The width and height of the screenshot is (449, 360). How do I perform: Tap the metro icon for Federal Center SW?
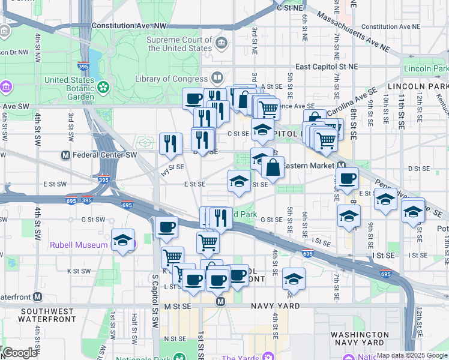[66, 155]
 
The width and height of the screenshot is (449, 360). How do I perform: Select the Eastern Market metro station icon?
[341, 166]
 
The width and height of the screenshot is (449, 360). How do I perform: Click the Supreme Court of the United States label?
[180, 44]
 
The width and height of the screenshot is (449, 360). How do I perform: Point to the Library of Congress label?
[171, 79]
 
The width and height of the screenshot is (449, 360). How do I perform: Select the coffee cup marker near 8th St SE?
[347, 178]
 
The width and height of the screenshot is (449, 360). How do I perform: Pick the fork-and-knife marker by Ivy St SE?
[170, 143]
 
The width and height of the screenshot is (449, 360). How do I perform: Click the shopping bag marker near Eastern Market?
[273, 167]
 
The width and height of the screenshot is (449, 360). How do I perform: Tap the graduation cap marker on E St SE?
[239, 181]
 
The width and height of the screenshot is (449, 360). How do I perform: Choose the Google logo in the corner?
[19, 352]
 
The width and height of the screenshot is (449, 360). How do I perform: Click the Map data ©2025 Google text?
[412, 355]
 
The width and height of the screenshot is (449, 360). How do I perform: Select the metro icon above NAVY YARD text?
[220, 301]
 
